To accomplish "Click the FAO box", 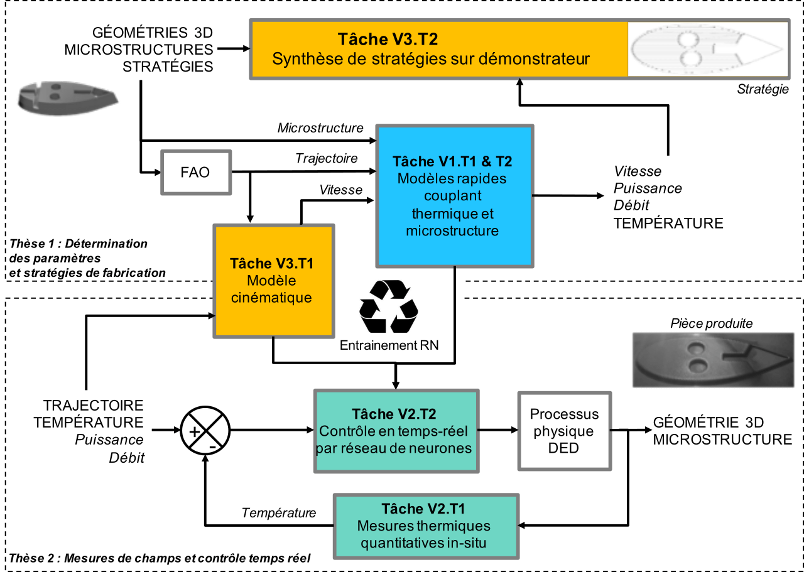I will [x=196, y=171].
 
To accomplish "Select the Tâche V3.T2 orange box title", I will [x=388, y=40].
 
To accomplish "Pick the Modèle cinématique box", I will [x=272, y=280].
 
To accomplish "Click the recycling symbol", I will [x=388, y=306].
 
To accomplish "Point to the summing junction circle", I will [x=205, y=431].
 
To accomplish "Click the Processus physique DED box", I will [x=564, y=431].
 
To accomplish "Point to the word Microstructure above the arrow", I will [x=320, y=128].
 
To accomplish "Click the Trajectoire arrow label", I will [x=326, y=159].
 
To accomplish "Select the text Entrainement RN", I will [x=389, y=345].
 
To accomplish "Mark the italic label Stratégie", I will [x=763, y=89].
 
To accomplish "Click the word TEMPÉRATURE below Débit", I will [x=668, y=223].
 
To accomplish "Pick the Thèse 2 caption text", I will [x=160, y=558].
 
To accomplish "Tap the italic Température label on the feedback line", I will [x=279, y=513].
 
